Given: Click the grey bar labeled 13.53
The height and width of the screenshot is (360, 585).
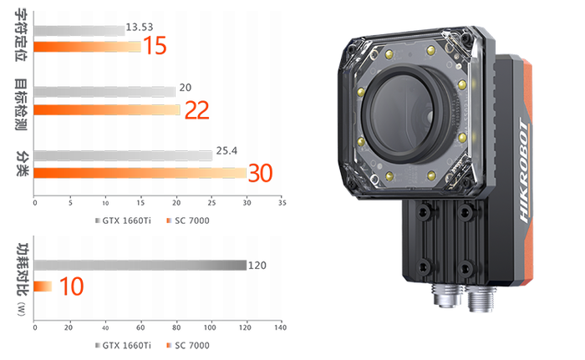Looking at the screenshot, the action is tap(79, 31).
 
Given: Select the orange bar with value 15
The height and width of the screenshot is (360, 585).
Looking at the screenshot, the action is tap(87, 47).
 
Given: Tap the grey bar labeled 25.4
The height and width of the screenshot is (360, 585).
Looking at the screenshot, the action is tap(123, 155).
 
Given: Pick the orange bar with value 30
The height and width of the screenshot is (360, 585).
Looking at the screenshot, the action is tap(140, 173).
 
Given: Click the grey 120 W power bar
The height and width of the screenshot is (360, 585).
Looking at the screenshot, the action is tap(140, 266).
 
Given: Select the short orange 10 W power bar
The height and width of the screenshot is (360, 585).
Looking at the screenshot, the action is tap(43, 286).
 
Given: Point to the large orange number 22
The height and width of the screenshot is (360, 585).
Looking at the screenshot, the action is tap(197, 110).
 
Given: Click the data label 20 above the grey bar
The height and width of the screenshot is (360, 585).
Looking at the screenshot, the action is tap(186, 88).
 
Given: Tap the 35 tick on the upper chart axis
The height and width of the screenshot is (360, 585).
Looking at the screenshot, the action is tap(282, 203).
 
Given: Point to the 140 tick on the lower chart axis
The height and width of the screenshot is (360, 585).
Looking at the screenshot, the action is tap(281, 327).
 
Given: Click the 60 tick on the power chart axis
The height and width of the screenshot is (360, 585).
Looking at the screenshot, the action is tap(140, 327).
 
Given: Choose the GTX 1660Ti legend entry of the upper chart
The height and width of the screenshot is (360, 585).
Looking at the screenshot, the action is tap(123, 221).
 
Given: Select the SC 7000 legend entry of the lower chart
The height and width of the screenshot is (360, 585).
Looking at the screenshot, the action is tap(188, 346).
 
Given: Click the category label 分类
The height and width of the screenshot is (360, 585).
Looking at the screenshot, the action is tap(22, 164).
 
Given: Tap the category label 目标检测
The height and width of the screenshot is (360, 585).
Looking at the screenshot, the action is tap(21, 104).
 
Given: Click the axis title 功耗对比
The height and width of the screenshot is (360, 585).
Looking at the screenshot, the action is tap(23, 269).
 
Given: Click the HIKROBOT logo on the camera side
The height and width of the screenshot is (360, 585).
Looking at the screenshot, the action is tap(524, 171).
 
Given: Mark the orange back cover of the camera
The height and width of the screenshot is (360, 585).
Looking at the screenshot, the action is tap(526, 171).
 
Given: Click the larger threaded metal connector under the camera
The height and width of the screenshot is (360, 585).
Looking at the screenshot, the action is tap(481, 298).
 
